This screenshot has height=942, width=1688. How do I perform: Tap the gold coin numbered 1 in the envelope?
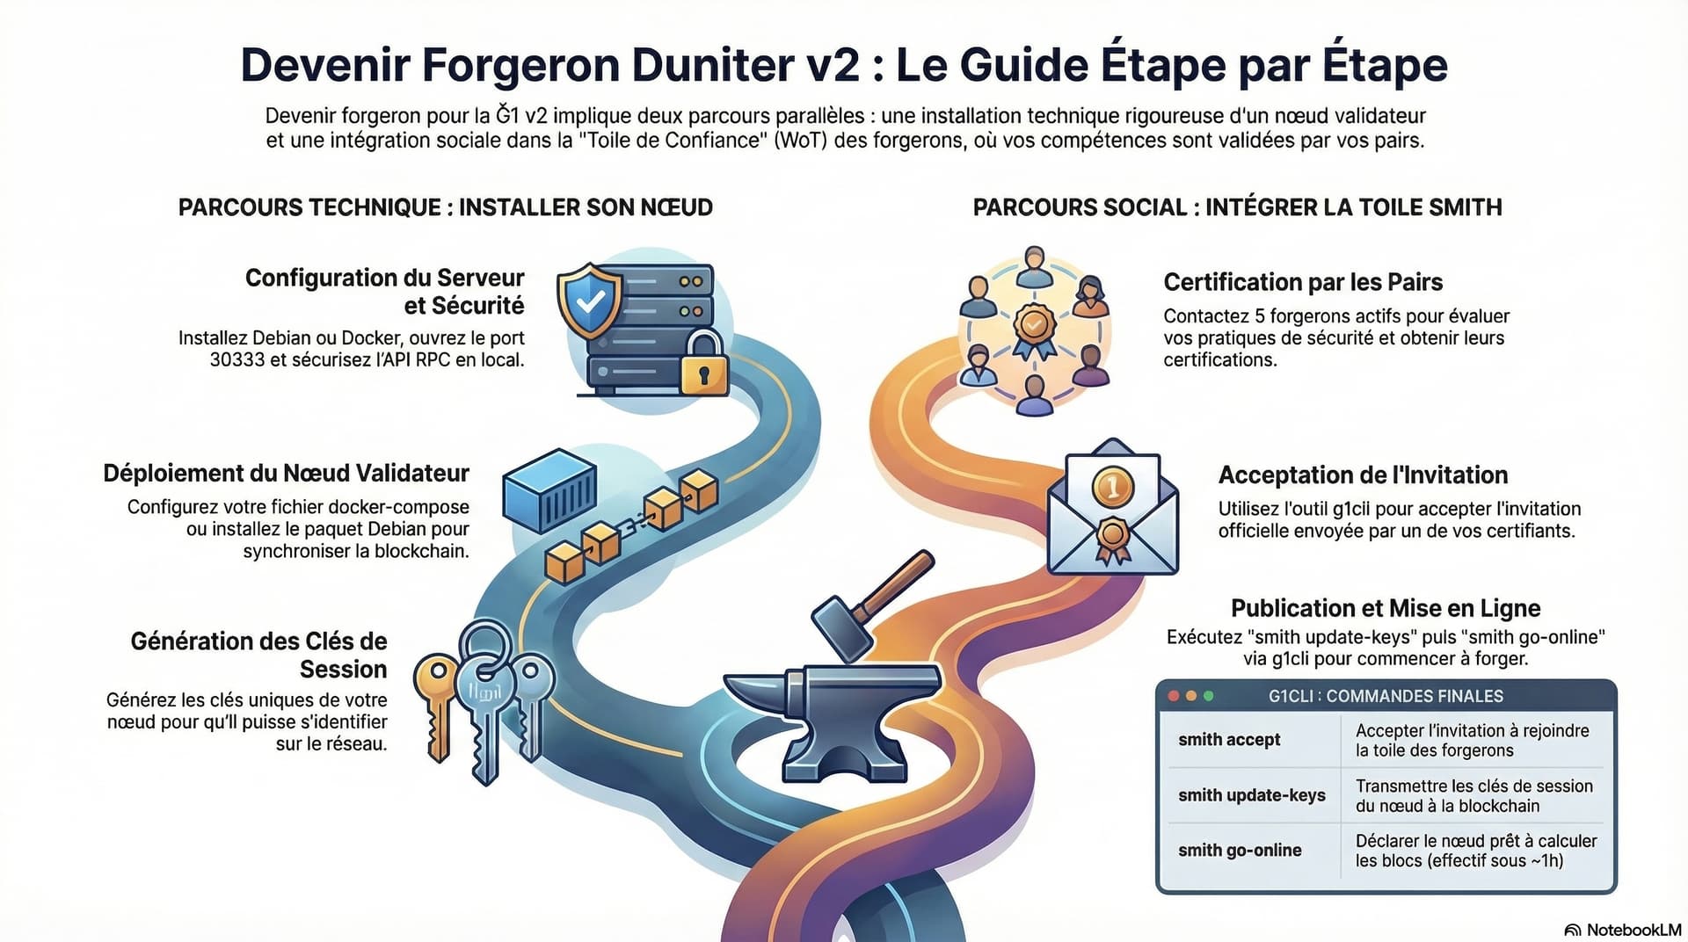click(1112, 485)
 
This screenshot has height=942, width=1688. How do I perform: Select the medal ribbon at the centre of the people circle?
click(1034, 331)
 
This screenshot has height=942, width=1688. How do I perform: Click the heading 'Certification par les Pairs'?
click(1303, 282)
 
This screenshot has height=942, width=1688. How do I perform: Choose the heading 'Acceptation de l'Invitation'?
click(1363, 475)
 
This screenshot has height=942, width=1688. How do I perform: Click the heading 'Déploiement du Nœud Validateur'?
click(286, 474)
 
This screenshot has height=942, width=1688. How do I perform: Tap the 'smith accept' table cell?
click(1229, 740)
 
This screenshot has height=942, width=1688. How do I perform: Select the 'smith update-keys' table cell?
click(1251, 795)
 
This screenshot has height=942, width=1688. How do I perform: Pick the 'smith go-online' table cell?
click(1240, 851)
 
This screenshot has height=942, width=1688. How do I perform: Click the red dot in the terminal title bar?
click(1173, 696)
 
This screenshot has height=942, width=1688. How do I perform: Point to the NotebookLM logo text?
click(1633, 930)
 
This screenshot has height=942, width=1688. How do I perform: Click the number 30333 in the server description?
click(237, 359)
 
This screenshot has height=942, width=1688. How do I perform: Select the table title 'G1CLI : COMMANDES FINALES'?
click(1386, 696)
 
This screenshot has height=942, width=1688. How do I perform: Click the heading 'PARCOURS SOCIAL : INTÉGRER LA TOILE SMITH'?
click(1237, 207)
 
